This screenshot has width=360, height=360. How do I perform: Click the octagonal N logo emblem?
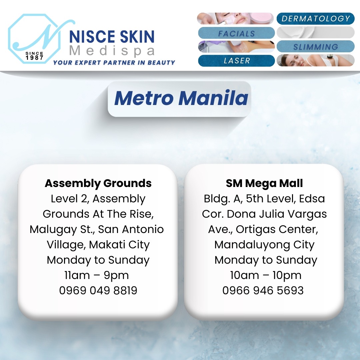tap(34, 39)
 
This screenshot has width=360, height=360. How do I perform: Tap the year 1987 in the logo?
tap(34, 58)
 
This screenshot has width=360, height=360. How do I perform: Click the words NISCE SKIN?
tap(112, 37)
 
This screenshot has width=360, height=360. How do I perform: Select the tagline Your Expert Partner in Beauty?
tap(114, 62)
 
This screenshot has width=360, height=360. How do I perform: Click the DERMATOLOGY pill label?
tap(315, 19)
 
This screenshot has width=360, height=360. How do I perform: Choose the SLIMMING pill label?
tap(316, 47)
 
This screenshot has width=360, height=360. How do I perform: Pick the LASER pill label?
tap(236, 61)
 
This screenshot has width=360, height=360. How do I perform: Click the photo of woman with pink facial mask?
tap(235, 18)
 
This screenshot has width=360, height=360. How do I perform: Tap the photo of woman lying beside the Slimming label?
tap(315, 60)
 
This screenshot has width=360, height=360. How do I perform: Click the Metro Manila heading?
tap(181, 98)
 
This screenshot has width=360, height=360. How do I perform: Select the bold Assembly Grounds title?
tap(98, 183)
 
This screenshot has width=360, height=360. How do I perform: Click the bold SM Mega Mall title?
tap(264, 183)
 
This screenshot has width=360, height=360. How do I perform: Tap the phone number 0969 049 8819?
tap(98, 290)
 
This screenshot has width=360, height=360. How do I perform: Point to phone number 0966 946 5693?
tap(263, 290)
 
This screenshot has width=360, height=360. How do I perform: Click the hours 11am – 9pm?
tap(97, 275)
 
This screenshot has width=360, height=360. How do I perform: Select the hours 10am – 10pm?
tap(266, 275)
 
